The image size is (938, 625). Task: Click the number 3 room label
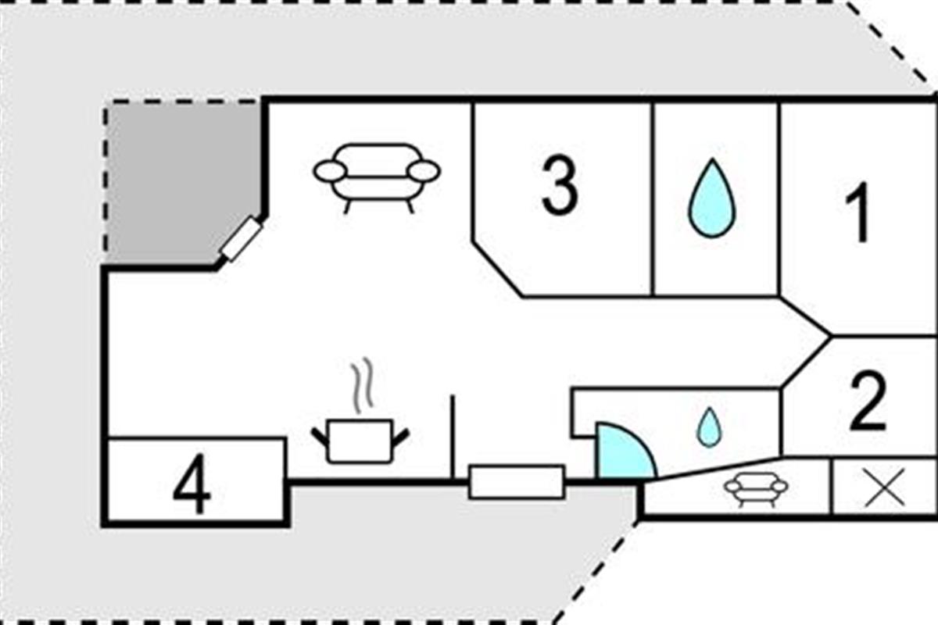(560, 186)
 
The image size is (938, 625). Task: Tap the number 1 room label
(857, 212)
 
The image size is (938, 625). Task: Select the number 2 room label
(868, 401)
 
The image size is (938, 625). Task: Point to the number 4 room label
(192, 484)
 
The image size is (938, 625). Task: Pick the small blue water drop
(709, 427)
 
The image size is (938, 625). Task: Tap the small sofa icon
(757, 489)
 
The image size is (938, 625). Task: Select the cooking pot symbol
(360, 441)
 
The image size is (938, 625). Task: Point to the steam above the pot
(362, 386)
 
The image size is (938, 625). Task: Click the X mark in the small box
(884, 487)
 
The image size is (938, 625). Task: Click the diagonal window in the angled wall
(242, 239)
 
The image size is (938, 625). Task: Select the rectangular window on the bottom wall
(517, 482)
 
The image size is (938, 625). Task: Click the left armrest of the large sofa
(330, 172)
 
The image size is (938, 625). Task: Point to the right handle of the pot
(400, 437)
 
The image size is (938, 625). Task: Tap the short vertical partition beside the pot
(453, 437)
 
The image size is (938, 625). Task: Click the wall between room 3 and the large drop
(653, 199)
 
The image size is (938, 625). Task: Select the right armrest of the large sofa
(424, 172)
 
